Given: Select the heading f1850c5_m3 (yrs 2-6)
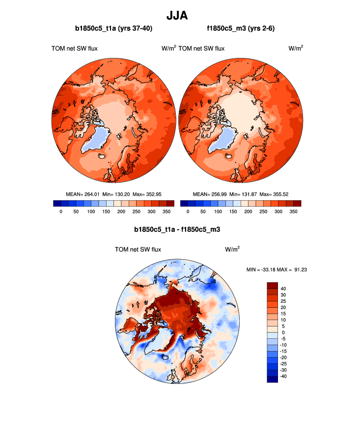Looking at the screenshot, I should (241, 29).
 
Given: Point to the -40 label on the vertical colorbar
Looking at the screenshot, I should (283, 377).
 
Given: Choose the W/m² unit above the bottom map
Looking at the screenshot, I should (232, 249).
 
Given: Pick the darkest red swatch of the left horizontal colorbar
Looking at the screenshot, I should (170, 203).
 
